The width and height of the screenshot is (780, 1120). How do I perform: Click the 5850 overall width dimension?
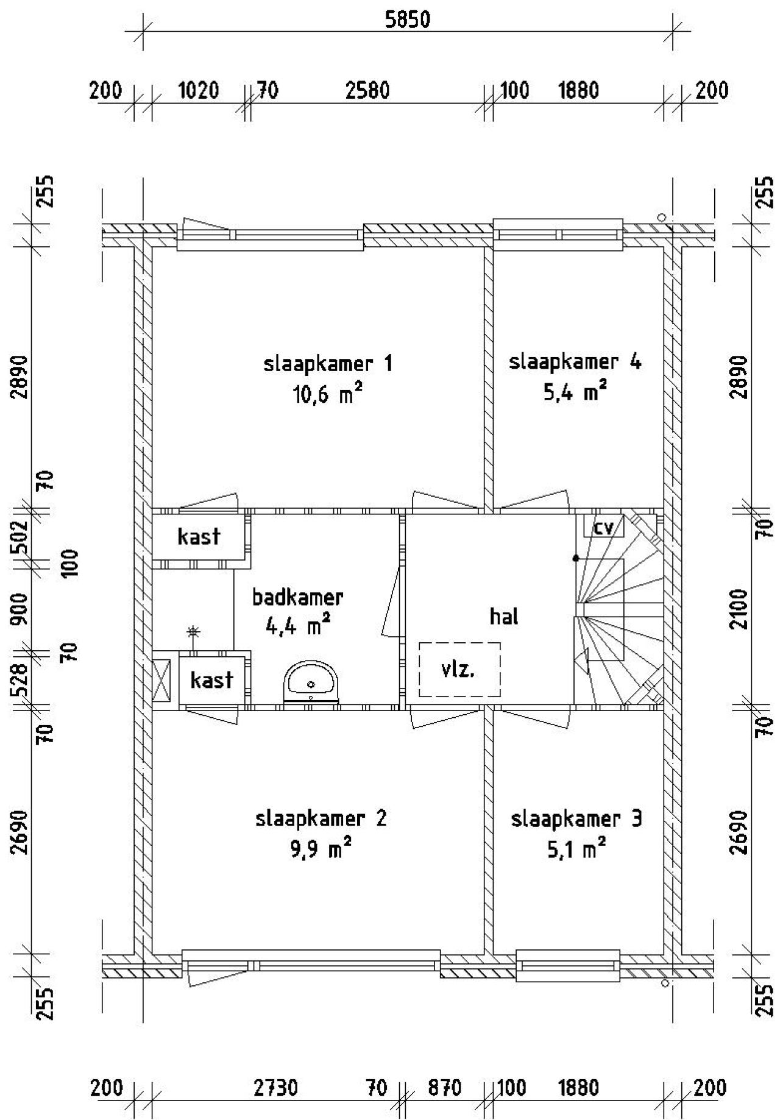point(408,20)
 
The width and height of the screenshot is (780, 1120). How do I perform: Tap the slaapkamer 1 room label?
point(328,364)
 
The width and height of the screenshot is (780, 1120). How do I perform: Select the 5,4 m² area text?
point(575,392)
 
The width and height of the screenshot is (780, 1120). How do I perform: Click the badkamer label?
point(298,597)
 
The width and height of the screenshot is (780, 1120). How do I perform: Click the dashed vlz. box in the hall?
point(459,669)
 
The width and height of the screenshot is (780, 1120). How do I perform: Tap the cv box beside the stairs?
point(603,526)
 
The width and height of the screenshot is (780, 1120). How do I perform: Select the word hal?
point(504,617)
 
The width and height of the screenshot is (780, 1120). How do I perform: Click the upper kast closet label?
point(199,537)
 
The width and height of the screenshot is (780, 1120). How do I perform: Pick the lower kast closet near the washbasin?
point(211,679)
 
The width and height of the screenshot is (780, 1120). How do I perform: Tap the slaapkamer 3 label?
point(576,819)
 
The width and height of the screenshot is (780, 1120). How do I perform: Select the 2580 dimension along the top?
point(367,91)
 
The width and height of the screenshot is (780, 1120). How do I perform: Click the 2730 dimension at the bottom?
point(276,1088)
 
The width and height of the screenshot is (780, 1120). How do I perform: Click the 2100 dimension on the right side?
point(741,609)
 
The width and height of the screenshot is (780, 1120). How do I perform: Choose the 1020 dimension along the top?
point(198,91)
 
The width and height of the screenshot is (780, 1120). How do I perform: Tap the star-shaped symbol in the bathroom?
point(193,632)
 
